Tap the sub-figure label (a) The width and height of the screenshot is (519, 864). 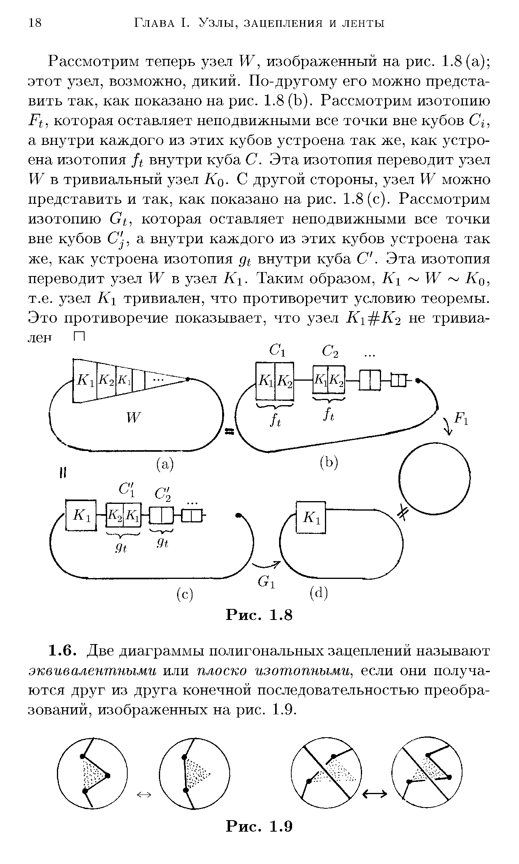point(164,464)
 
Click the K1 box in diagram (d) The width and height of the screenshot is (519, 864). point(311,517)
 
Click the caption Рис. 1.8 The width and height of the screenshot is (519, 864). point(259,615)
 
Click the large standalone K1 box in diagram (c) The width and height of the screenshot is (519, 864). point(81,515)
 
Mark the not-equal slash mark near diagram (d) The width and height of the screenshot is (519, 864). point(402,513)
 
